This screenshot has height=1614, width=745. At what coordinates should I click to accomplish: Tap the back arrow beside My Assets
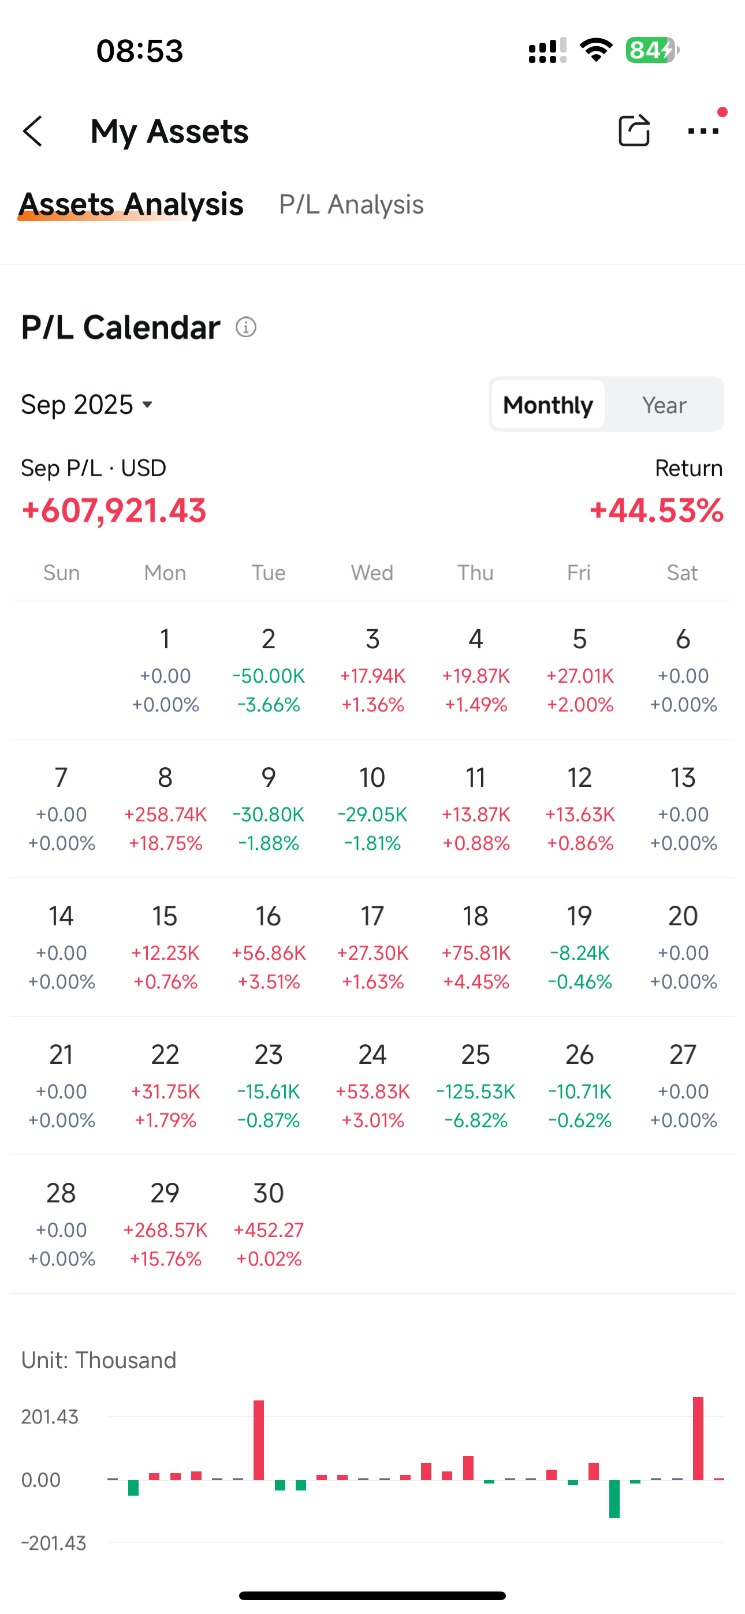32,131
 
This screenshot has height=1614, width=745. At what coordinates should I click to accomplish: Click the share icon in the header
634,130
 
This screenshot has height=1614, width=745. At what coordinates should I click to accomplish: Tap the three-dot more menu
703,131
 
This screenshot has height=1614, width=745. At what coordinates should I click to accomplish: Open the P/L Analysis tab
351,205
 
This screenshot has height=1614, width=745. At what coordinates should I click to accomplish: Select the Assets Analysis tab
132,205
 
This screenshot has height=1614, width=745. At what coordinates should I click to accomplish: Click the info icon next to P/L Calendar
246,327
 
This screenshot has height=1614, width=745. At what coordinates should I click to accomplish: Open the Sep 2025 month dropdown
87,405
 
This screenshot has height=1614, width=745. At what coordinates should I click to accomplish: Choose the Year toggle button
664,405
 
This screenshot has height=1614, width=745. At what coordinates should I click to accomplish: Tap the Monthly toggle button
547,405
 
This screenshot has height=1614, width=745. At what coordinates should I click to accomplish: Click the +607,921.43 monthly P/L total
114,511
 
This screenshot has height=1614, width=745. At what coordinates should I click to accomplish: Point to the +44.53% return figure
656,511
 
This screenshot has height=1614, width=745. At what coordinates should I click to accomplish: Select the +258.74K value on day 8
165,815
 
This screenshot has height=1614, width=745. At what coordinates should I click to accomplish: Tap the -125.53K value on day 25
475,1092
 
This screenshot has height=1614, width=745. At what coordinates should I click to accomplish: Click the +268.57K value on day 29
165,1230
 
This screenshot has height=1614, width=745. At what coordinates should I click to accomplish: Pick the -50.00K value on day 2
269,676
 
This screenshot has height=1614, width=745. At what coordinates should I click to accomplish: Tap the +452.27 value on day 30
269,1230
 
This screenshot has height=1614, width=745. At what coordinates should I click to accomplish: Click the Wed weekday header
372,573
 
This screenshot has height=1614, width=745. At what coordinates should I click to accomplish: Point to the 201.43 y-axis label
50,1417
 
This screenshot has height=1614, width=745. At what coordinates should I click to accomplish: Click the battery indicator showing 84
651,50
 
